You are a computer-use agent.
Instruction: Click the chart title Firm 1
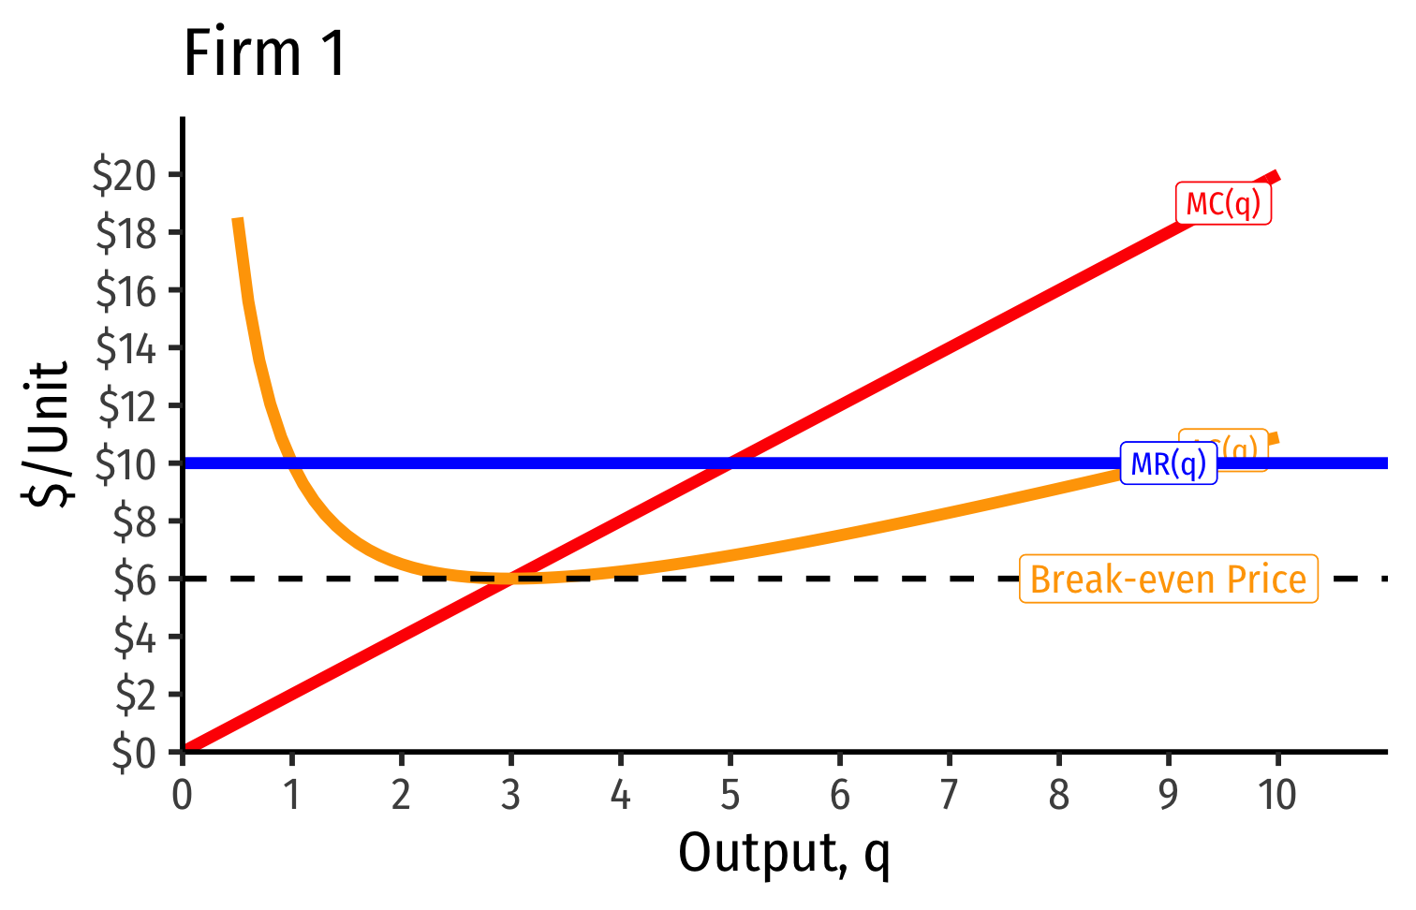265,53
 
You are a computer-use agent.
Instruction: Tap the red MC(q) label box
1223,203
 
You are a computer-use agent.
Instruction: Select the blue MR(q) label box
1169,463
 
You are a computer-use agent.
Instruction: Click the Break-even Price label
1168,580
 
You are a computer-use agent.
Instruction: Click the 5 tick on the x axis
730,796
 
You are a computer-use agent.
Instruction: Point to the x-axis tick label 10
1276,796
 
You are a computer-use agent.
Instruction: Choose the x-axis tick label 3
510,796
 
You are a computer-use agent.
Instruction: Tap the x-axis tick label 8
1058,796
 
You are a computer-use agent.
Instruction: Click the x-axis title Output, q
784,854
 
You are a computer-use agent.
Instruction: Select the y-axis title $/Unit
49,433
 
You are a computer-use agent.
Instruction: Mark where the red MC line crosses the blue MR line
730,462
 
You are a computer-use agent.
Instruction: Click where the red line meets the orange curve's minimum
510,578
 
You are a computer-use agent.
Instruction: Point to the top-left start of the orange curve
238,219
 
